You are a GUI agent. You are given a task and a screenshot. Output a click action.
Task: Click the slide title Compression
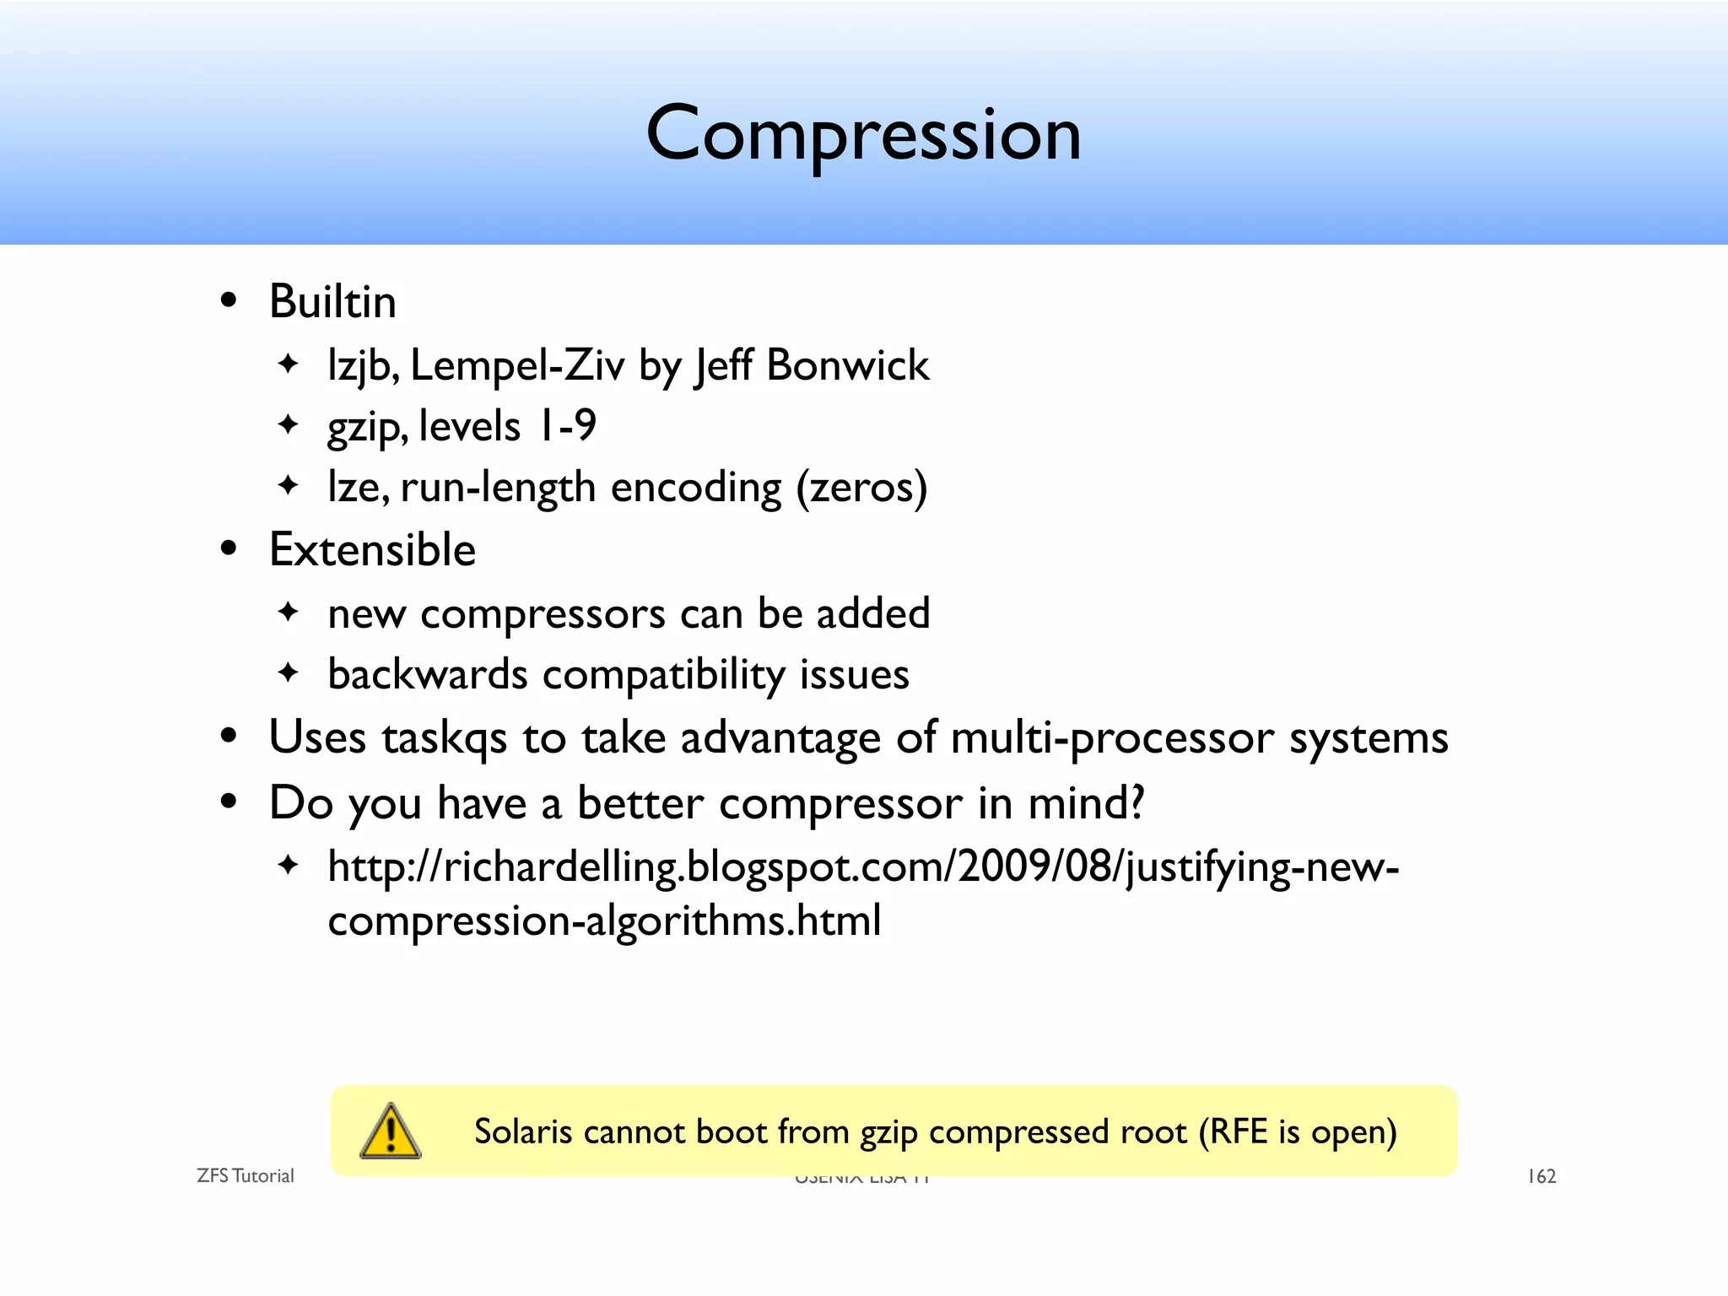click(863, 135)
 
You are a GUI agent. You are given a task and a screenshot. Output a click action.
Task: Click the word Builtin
click(332, 302)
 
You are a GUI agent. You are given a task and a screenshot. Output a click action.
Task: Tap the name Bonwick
click(847, 365)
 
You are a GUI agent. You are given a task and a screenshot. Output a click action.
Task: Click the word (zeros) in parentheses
click(861, 488)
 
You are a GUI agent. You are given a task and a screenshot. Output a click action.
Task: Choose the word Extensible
click(372, 550)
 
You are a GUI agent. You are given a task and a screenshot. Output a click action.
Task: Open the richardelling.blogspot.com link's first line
click(862, 867)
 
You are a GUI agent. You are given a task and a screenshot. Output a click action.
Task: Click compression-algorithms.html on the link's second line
click(604, 921)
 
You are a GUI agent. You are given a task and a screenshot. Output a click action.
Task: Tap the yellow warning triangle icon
click(390, 1131)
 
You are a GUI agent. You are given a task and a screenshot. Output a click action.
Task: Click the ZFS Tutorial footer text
click(245, 1176)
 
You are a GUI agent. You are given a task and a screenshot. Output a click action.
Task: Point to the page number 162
click(1542, 1176)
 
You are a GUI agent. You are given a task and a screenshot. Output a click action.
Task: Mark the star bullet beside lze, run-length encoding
click(289, 486)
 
